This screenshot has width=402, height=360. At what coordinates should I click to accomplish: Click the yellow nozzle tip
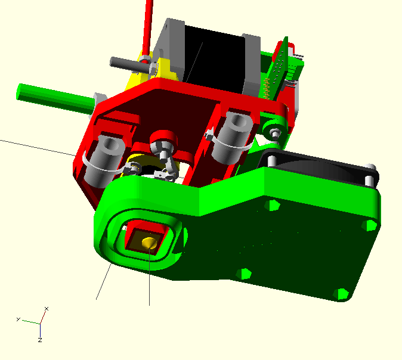click(x=149, y=243)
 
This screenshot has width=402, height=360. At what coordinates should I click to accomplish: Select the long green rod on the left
click(x=55, y=98)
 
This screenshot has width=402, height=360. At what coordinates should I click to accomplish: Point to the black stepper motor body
click(x=214, y=59)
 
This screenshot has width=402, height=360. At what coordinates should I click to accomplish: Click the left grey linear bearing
click(x=103, y=161)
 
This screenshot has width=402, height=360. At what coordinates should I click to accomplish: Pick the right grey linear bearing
click(x=232, y=138)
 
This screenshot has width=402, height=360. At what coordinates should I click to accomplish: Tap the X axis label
click(x=47, y=309)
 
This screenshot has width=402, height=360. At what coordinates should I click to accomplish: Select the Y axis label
click(x=18, y=319)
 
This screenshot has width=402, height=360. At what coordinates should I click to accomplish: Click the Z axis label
click(x=40, y=340)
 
